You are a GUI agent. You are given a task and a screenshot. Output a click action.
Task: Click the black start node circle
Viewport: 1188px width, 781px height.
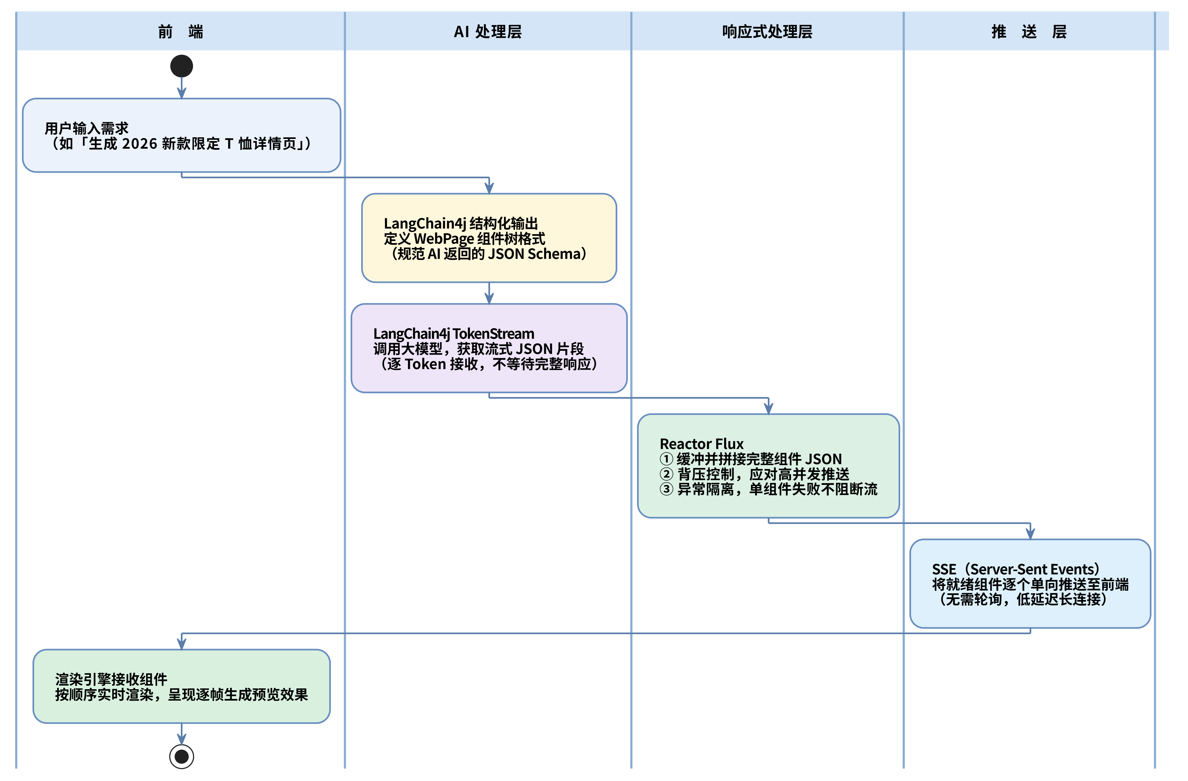click(x=182, y=66)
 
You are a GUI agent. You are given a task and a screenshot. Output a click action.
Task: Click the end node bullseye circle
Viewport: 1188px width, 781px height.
click(x=182, y=757)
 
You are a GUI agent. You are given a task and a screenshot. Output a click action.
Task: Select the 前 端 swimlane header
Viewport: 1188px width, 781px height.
click(x=180, y=31)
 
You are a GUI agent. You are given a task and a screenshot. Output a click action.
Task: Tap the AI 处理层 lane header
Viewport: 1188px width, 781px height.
click(x=488, y=31)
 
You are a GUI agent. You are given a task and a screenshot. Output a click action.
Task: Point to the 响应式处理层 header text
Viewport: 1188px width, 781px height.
click(x=767, y=31)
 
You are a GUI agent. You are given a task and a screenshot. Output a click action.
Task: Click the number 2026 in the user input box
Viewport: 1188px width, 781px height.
click(x=140, y=144)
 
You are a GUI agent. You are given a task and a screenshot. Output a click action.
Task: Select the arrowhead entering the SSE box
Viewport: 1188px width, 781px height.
click(x=1030, y=534)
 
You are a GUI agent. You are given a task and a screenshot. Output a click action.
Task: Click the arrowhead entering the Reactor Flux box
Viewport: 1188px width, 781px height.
click(x=769, y=408)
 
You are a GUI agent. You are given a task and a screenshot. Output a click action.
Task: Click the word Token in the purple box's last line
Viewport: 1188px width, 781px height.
click(x=425, y=364)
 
